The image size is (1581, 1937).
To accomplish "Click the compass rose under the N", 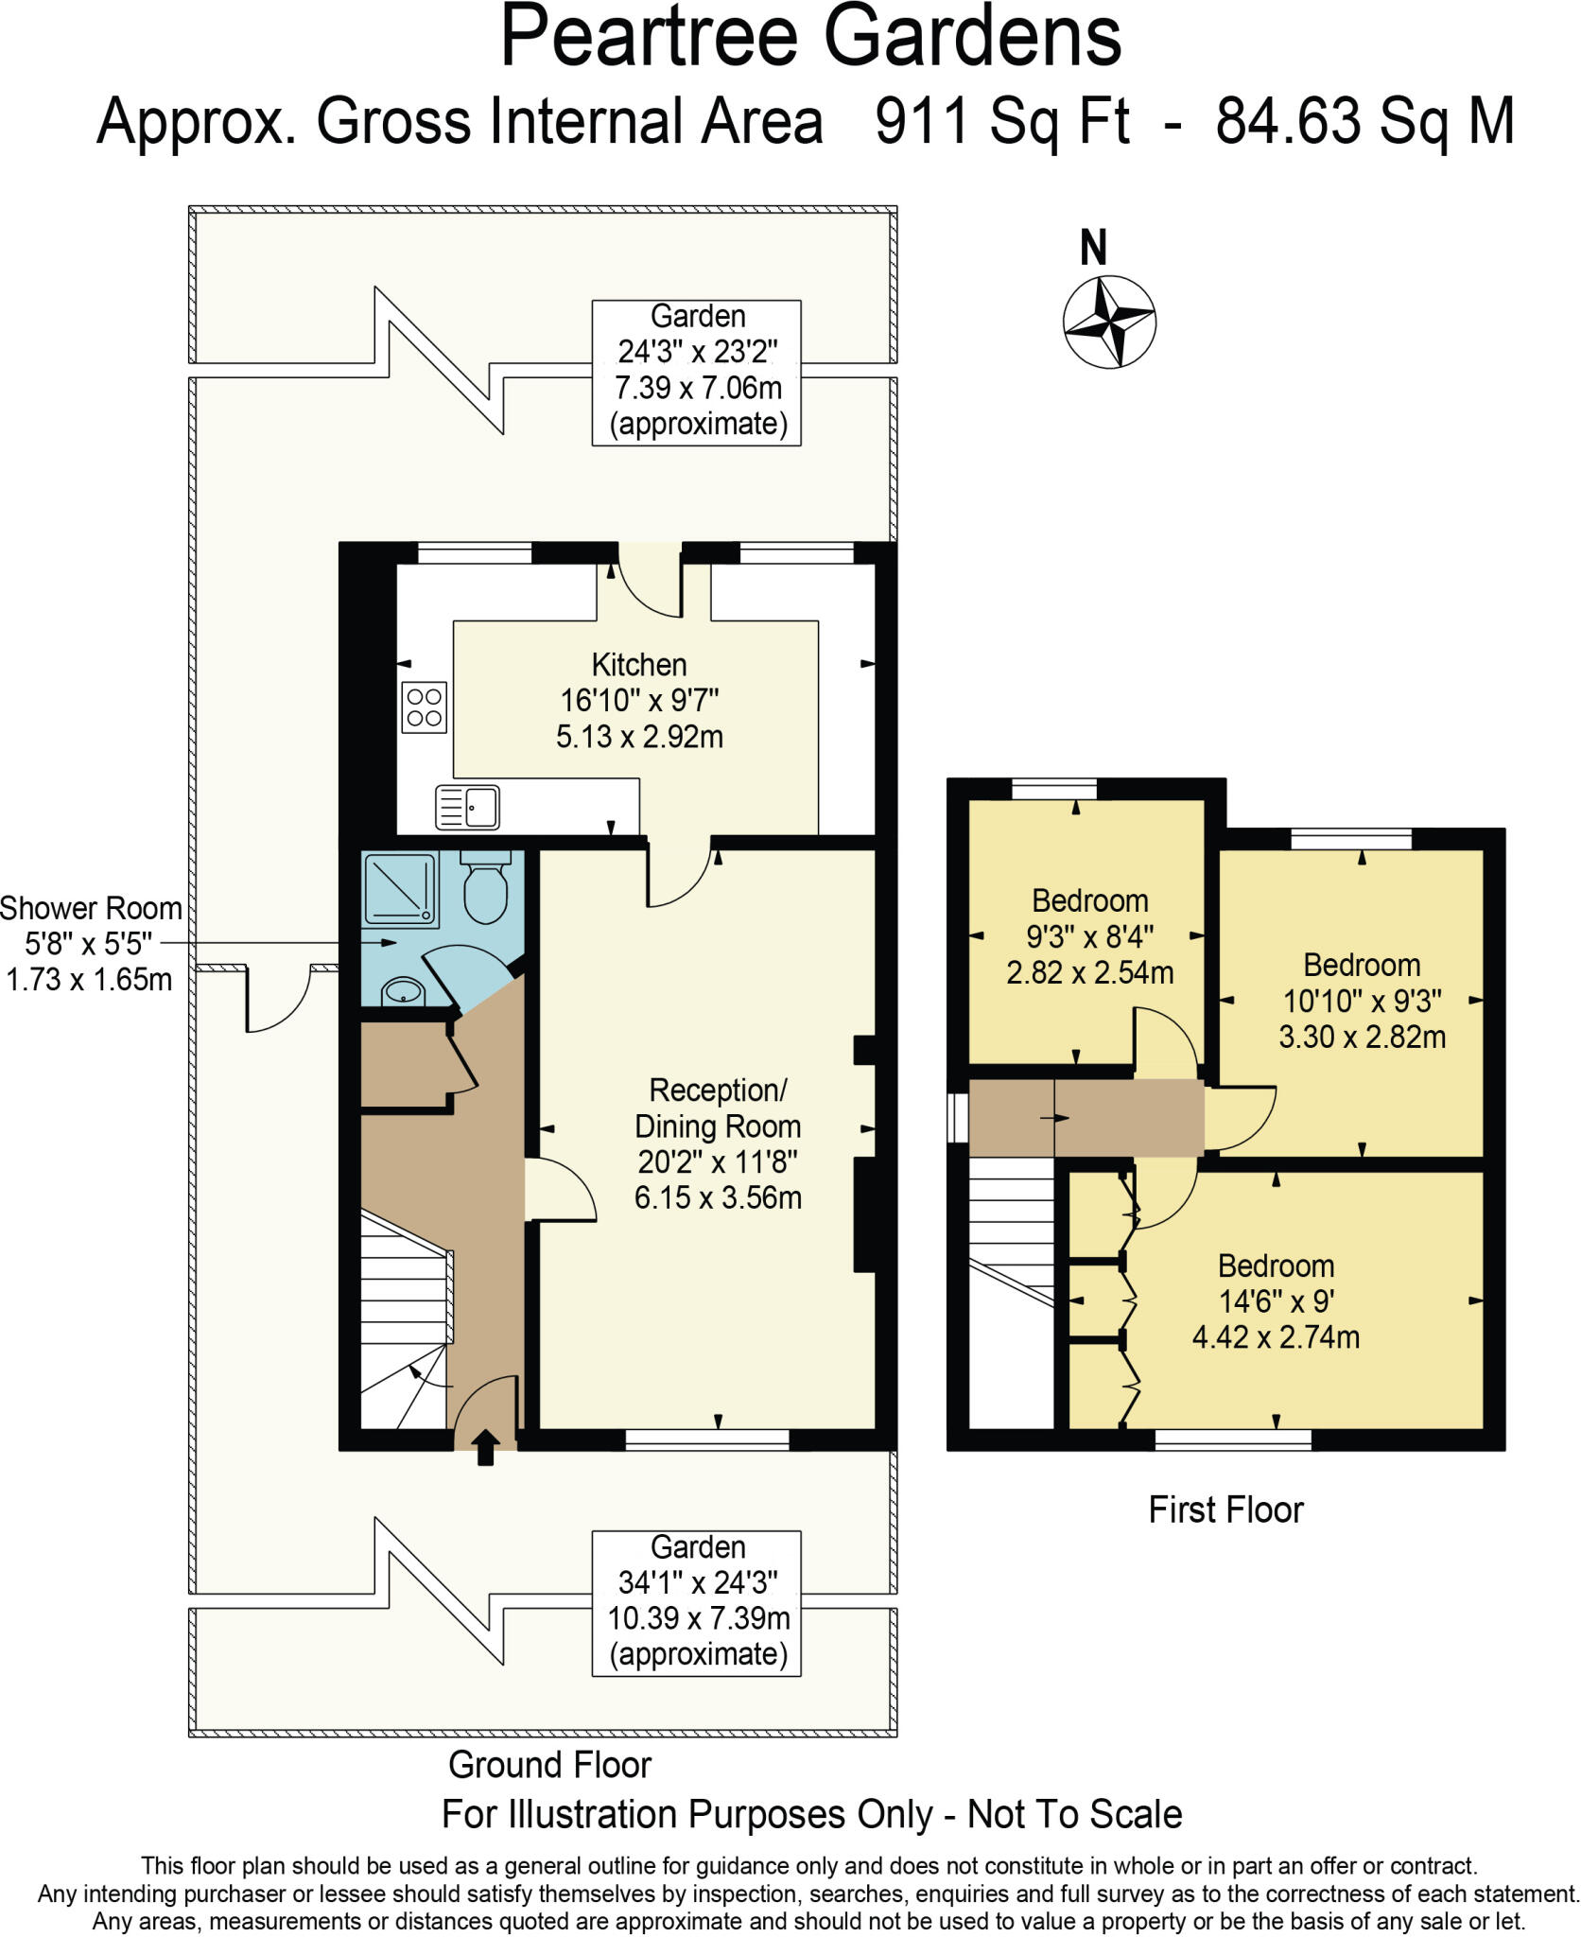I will coord(1109,322).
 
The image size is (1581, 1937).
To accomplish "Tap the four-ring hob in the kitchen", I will coord(424,707).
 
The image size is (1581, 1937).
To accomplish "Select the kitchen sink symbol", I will coord(467,807).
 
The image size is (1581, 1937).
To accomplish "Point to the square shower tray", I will coord(401,888).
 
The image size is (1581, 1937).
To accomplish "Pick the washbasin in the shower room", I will coord(404,992).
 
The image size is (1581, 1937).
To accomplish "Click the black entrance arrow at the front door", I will coord(485,1447).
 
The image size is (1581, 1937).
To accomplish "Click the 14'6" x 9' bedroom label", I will coord(1276,1301).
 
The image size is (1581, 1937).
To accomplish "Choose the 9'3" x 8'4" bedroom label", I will coord(1089,936).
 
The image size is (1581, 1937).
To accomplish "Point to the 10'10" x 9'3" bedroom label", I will coord(1362,1001).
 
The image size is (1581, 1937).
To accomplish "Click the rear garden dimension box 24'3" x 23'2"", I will coord(697,372).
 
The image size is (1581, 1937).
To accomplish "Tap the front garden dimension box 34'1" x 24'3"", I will coord(697,1602).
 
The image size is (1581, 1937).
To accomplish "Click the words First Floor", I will coord(1225,1509).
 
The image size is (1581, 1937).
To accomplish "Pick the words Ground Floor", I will coord(549,1765).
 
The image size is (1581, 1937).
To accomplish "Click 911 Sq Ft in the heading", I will coord(1002,121).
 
